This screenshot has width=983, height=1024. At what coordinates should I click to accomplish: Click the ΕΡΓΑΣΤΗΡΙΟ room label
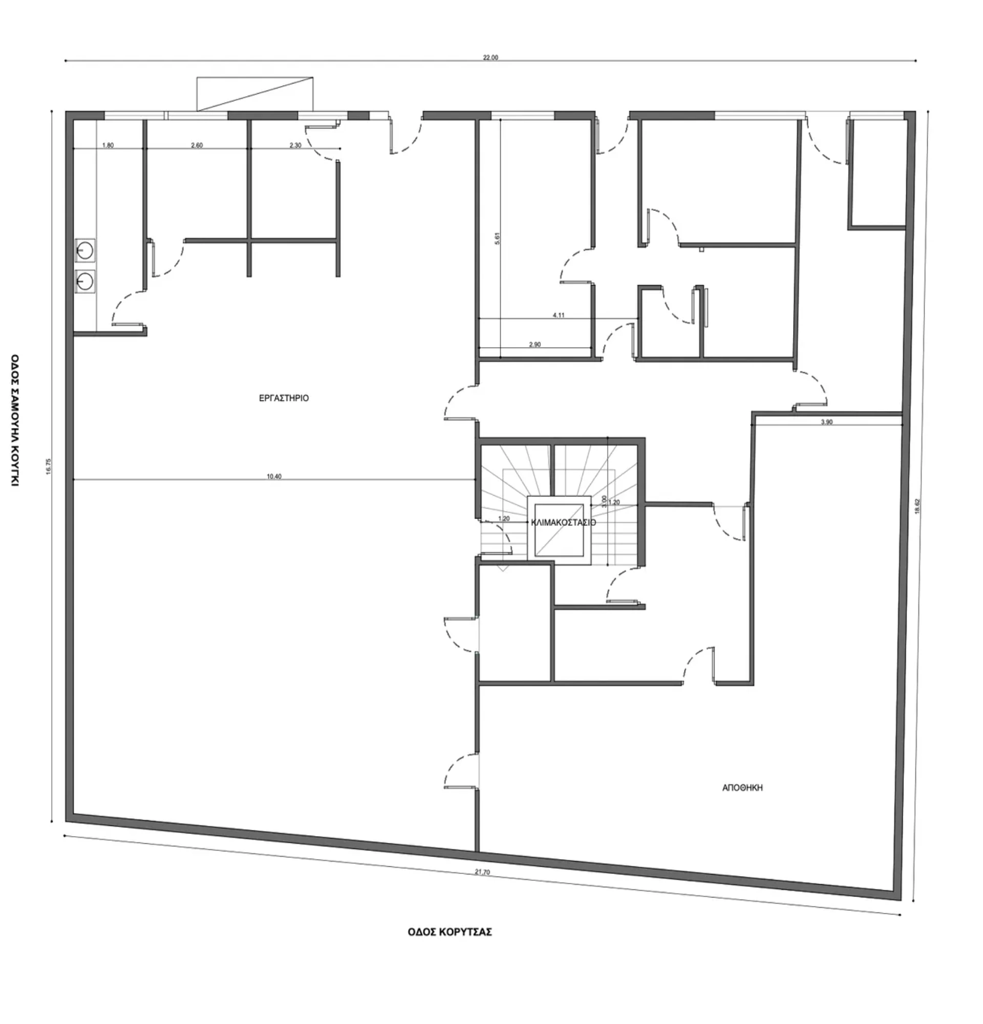pos(284,398)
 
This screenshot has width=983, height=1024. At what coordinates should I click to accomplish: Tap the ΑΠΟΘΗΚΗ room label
pos(742,788)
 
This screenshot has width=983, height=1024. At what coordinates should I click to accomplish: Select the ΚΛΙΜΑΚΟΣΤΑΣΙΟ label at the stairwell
pos(563,522)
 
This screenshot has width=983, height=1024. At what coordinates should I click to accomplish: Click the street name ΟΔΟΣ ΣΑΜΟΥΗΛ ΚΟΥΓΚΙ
pos(15,420)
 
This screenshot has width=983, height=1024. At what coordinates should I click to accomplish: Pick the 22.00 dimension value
pos(490,58)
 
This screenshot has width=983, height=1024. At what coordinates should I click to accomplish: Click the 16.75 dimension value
pos(49,466)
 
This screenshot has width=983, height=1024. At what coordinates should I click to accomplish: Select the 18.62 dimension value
pos(917,506)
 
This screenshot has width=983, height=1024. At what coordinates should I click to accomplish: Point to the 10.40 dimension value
pos(274,477)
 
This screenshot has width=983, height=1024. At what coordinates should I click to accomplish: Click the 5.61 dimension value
pos(498,239)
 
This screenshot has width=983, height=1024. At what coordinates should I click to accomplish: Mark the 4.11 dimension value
pos(559,315)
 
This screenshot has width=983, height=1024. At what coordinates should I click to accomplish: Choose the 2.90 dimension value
pos(535,344)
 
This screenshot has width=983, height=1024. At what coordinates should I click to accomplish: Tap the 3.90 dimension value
pos(826,422)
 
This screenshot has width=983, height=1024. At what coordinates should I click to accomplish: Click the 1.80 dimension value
pos(108,145)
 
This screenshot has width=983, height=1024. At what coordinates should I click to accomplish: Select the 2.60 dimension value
pos(197,145)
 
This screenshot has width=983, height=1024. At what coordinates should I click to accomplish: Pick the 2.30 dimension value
pos(295,145)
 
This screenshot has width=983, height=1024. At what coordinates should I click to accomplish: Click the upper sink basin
pos(84,250)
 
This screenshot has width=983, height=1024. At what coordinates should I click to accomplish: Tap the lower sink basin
pos(84,282)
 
